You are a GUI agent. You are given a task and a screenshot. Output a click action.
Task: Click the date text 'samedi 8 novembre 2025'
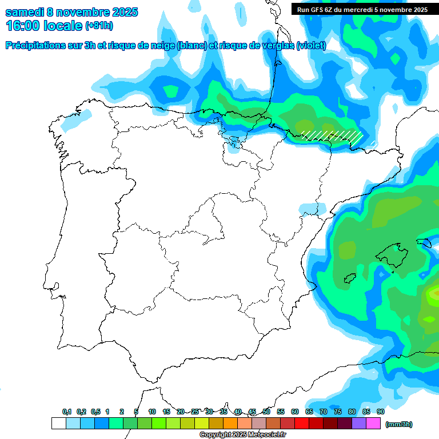click(71, 12)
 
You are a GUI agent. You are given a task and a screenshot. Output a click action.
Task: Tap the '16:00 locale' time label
click(44, 26)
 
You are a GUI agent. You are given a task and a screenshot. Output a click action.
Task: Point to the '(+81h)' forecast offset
click(99, 26)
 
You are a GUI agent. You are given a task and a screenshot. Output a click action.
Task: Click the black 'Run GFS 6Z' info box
click(362, 9)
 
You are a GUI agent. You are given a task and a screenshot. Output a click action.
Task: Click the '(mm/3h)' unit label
click(398, 424)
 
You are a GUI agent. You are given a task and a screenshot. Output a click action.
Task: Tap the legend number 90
click(381, 412)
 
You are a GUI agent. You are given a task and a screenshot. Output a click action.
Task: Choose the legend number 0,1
click(67, 412)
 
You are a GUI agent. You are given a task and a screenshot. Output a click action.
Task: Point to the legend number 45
click(252, 412)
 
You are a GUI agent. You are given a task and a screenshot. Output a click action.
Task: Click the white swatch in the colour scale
click(58, 424)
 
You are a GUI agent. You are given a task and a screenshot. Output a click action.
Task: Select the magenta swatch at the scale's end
click(373, 424)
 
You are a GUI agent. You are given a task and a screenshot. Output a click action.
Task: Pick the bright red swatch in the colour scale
click(302, 424)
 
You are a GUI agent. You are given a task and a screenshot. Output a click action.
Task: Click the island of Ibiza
click(350, 278)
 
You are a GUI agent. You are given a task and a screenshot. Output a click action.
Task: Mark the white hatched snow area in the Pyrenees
click(332, 135)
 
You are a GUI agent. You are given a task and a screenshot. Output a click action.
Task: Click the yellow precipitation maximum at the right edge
click(434, 294)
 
